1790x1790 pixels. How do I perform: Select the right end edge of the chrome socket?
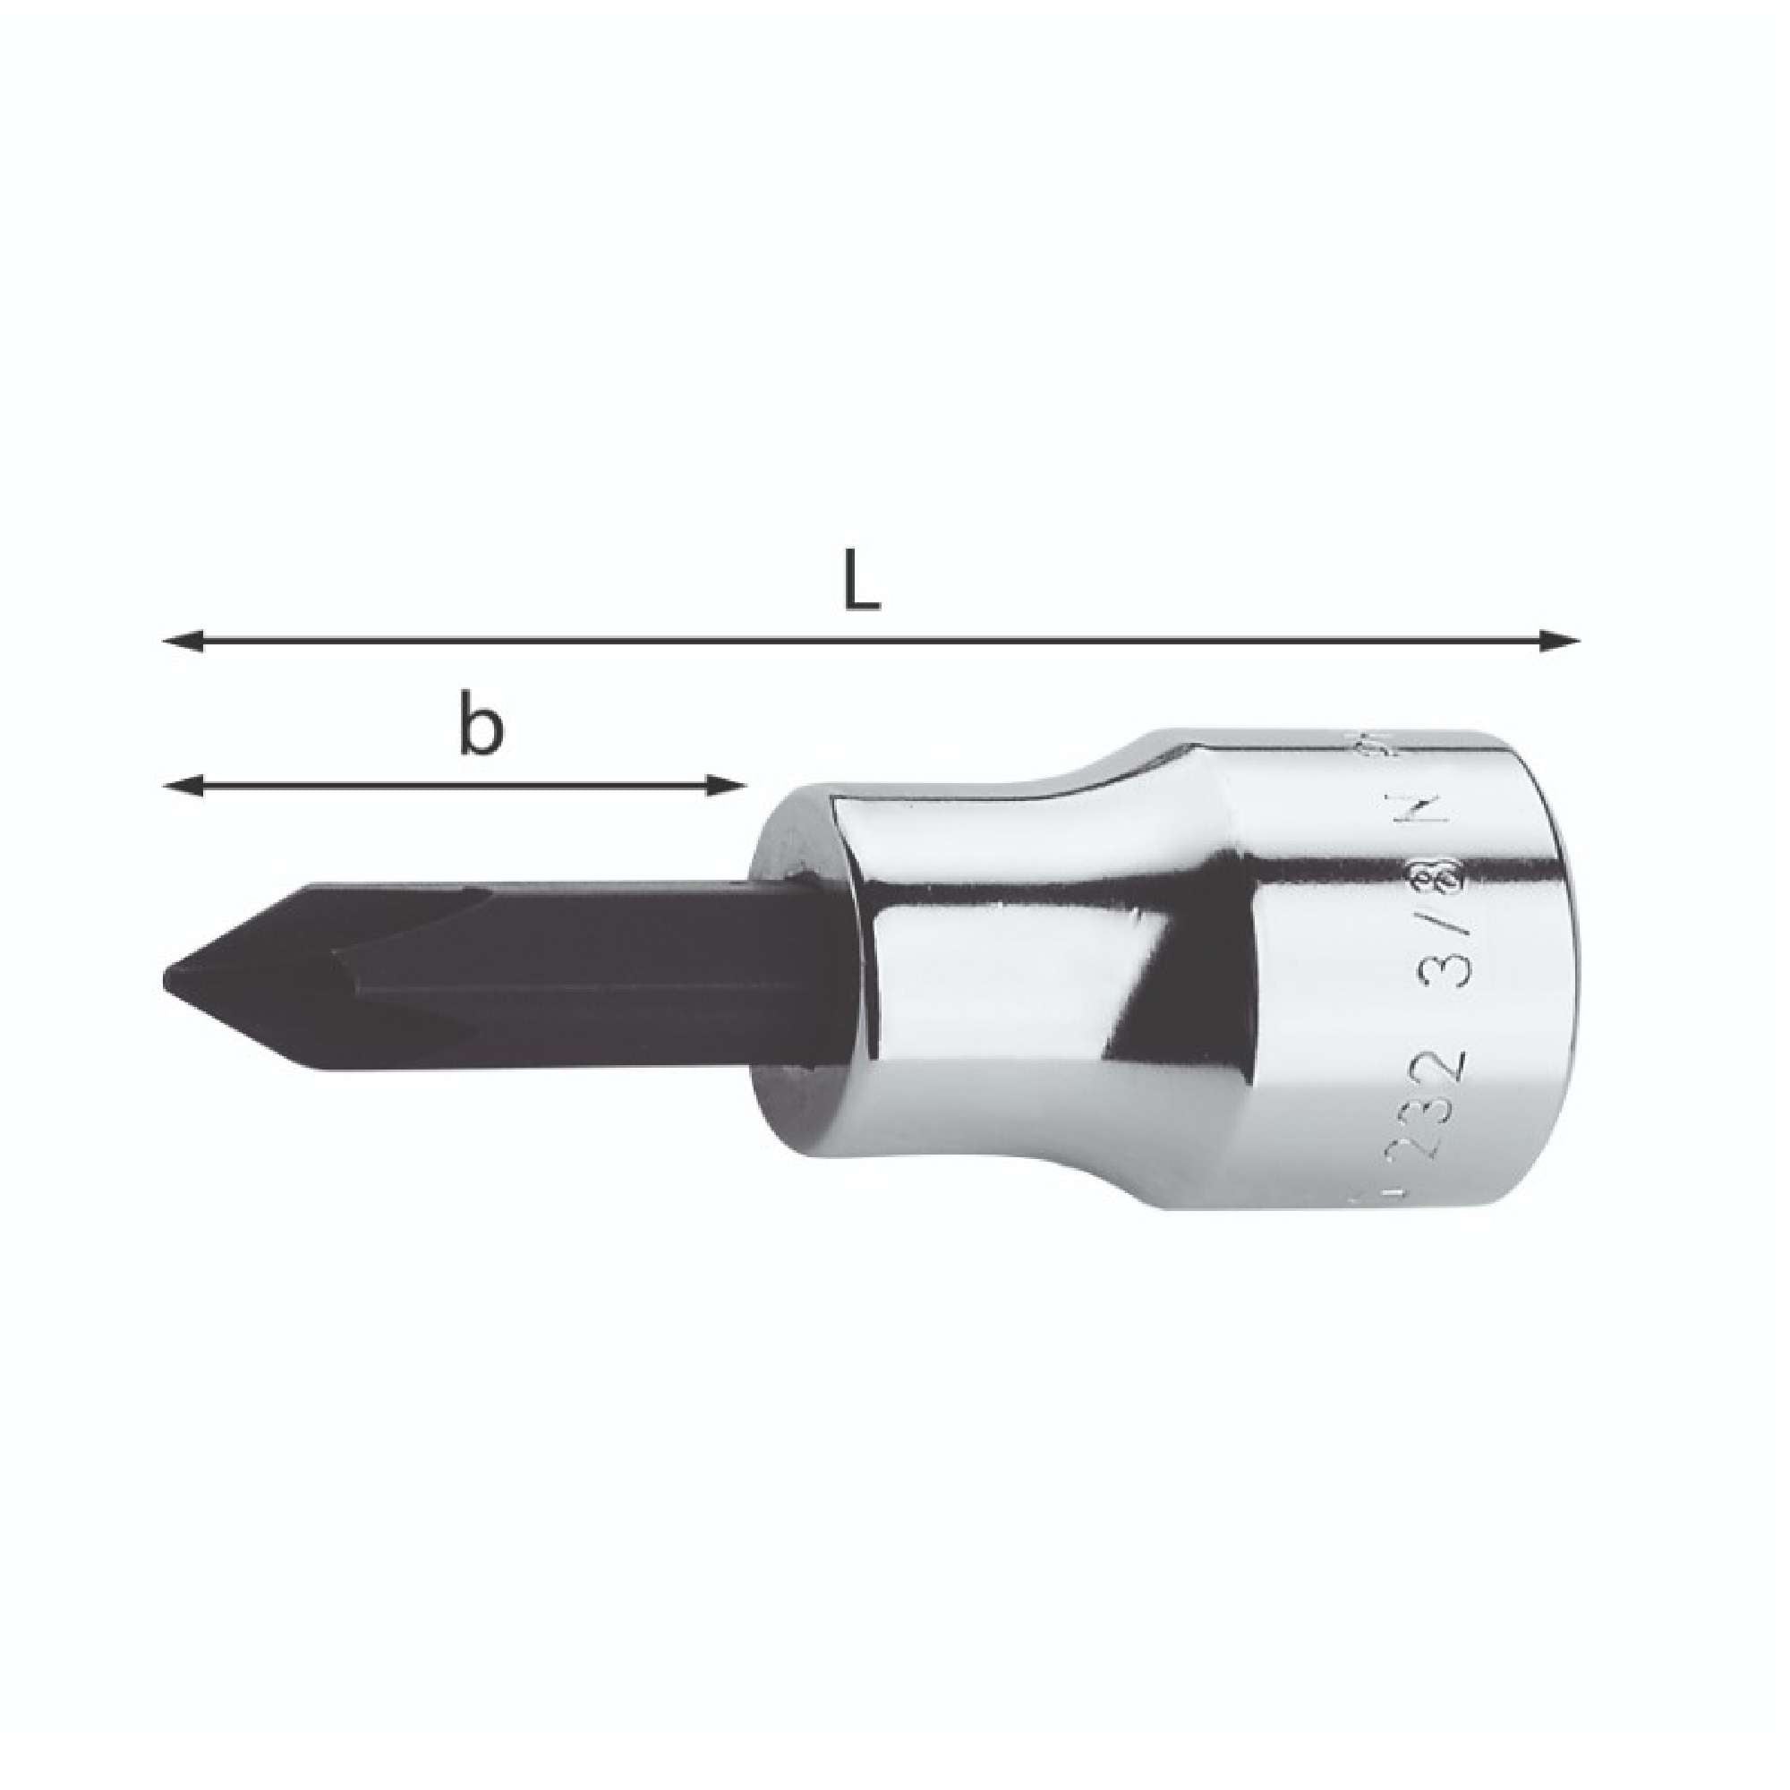pyautogui.click(x=1574, y=973)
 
